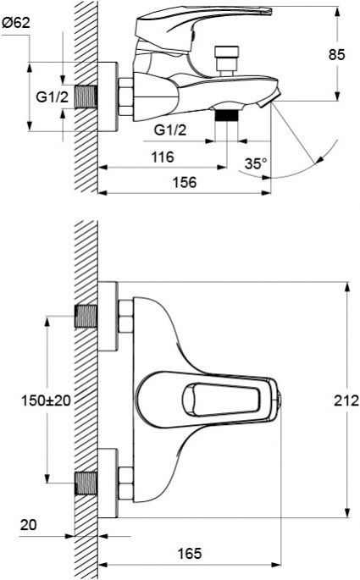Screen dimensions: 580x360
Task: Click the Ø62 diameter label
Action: (x=18, y=25)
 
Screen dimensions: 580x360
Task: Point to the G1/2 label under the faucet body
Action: (x=171, y=128)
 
